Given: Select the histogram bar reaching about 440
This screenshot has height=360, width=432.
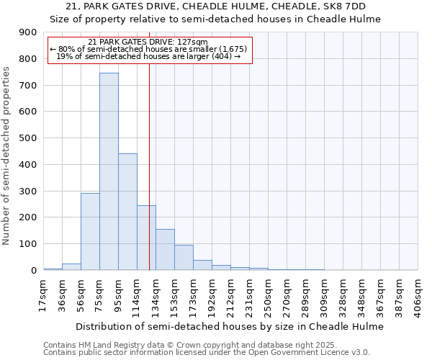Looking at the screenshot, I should pos(127,212).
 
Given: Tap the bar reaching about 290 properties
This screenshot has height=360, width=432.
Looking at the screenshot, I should pos(90,231).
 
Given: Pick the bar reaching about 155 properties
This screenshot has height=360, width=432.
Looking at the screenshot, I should pos(165,249).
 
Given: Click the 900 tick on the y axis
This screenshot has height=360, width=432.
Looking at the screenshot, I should pos(28,32).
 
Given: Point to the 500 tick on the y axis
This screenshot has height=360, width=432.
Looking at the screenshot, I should pos(28,138).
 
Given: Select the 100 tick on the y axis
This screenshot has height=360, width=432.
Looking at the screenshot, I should pos(28,244).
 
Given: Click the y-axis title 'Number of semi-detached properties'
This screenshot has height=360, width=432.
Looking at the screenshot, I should pos(8,156).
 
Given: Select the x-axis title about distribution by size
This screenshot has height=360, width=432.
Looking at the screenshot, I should pos(229,326).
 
